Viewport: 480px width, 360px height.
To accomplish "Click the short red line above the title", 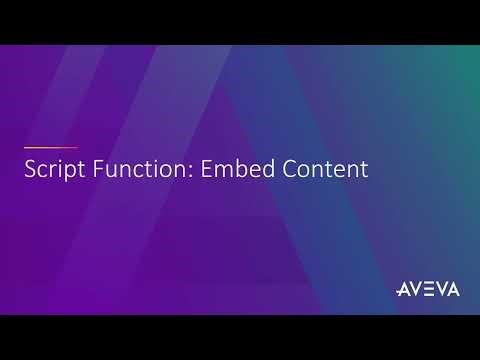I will (50, 147).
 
